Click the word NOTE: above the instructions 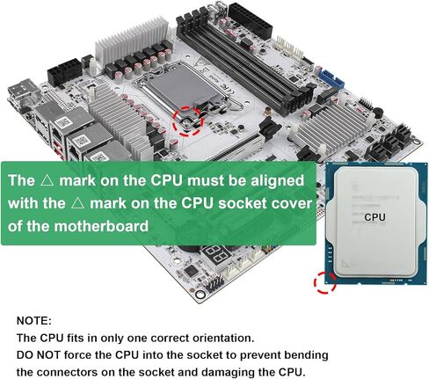pos(34,321)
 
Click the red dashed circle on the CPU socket pos(189,121)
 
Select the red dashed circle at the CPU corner pos(326,283)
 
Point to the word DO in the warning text pos(27,354)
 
